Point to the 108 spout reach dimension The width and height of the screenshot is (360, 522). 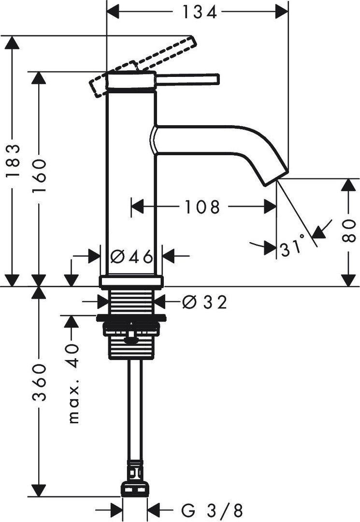pyautogui.click(x=202, y=207)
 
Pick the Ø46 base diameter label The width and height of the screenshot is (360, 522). pyautogui.click(x=131, y=257)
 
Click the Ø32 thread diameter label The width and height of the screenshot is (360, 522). pyautogui.click(x=205, y=303)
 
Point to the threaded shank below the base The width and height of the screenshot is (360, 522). pyautogui.click(x=131, y=302)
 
